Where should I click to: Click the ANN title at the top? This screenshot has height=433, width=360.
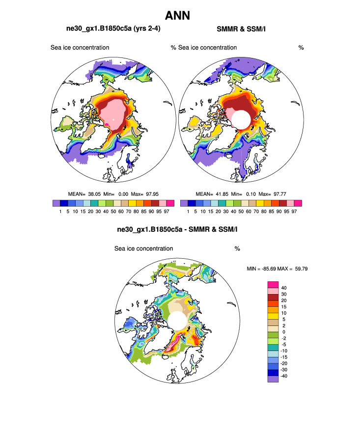click(178, 16)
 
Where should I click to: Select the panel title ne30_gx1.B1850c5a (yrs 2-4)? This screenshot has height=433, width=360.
click(113, 29)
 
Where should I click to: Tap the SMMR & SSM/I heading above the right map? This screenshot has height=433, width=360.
click(241, 29)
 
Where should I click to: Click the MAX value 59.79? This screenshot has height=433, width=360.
click(299, 269)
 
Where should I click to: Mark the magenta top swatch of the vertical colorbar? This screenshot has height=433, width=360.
click(273, 284)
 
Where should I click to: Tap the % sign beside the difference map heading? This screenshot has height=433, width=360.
click(237, 248)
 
